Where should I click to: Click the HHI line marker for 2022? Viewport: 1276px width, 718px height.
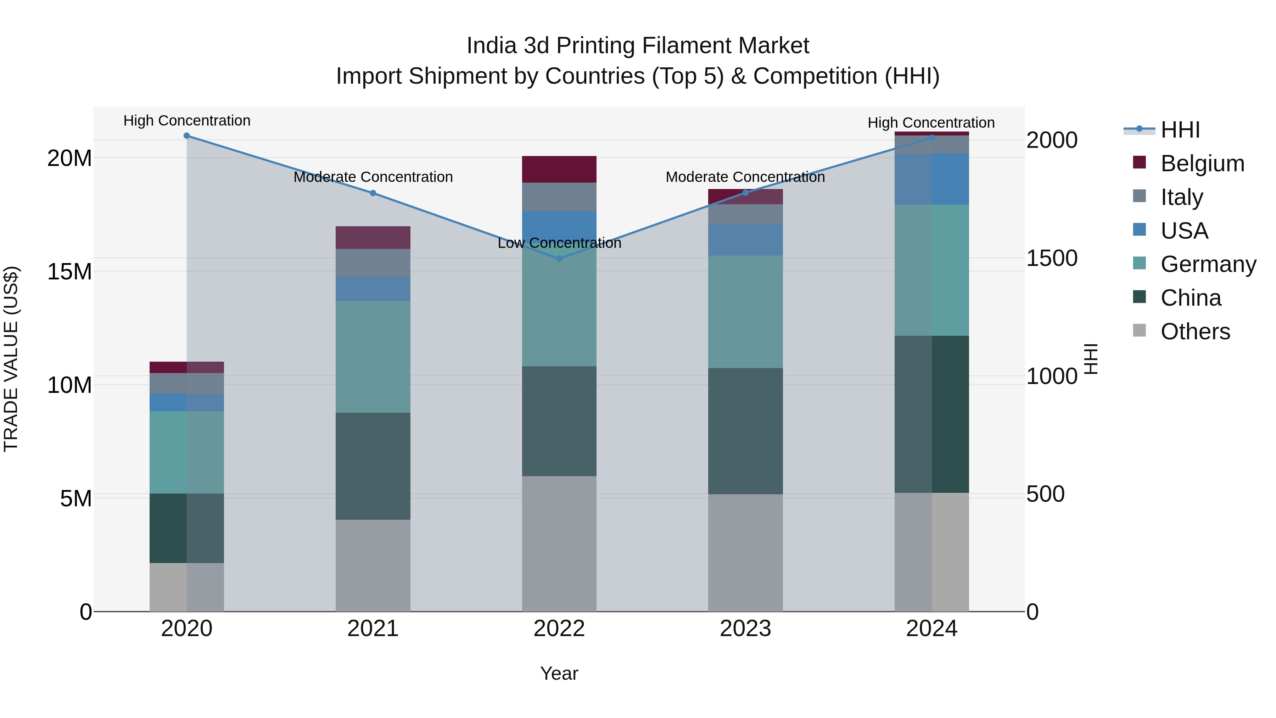click(559, 259)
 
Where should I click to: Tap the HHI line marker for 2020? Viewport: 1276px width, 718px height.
click(187, 136)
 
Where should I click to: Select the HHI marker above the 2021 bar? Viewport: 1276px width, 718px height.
click(373, 193)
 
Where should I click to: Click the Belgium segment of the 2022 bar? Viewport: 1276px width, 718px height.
click(559, 169)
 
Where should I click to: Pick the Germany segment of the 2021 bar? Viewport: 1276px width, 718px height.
click(373, 357)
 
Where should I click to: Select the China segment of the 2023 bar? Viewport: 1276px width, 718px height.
click(745, 431)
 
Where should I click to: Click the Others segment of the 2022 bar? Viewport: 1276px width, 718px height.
click(559, 544)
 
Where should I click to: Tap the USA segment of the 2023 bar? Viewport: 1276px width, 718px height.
click(745, 239)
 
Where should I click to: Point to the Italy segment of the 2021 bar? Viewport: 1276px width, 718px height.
click(373, 263)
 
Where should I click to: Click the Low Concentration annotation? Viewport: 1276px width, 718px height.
click(559, 243)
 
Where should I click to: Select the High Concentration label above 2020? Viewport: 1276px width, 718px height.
click(187, 121)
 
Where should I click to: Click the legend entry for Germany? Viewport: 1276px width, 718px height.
click(1208, 264)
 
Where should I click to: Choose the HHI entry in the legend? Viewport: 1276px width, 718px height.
click(1180, 130)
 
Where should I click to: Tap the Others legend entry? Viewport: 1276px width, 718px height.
click(1195, 332)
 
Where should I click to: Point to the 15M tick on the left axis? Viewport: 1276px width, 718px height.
click(69, 272)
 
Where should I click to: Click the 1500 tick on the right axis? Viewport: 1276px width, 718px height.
click(1051, 258)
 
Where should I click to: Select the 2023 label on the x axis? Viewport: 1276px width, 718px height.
click(745, 629)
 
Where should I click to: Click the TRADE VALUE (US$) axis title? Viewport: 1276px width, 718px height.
click(11, 359)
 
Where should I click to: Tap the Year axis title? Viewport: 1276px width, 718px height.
click(559, 673)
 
